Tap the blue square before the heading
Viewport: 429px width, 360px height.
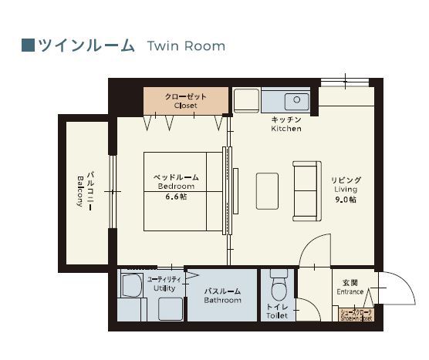[28, 45]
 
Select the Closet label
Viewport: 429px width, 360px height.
[186, 101]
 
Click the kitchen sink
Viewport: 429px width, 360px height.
[295, 101]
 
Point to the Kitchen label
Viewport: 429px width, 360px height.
[285, 125]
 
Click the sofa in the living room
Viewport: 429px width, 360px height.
[306, 190]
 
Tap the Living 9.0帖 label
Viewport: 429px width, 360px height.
[346, 190]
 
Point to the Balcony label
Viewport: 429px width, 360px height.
[84, 190]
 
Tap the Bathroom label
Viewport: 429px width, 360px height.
[222, 296]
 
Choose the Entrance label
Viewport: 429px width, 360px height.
[350, 288]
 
